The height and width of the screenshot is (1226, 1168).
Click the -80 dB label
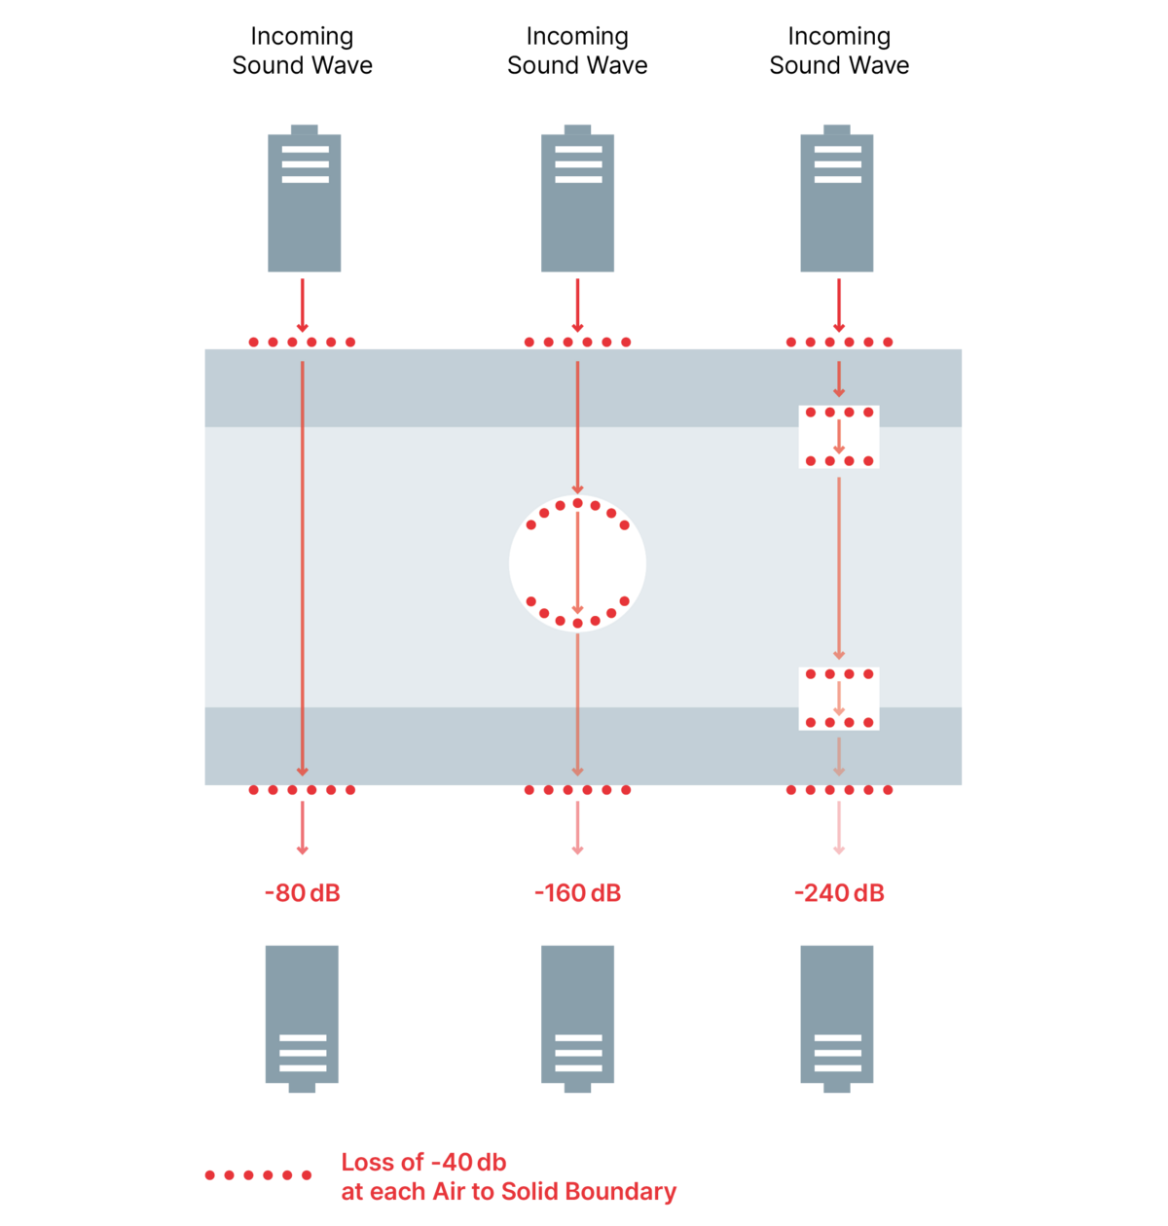point(302,893)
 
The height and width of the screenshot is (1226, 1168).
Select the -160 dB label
point(577,893)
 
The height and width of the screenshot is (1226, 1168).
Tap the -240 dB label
point(839,893)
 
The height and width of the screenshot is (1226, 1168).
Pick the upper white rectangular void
point(839,437)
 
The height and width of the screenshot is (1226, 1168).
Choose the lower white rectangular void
point(839,699)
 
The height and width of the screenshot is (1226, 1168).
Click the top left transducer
point(305,199)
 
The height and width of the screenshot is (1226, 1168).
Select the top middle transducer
point(578,199)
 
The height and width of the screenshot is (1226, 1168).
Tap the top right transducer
point(837,199)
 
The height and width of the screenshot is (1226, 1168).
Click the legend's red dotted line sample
point(258,1175)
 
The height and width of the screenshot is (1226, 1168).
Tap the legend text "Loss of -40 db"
point(423,1162)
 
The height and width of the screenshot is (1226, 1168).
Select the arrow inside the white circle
point(577,563)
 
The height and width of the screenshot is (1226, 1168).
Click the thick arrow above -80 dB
point(302,827)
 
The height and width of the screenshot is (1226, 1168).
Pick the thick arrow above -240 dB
point(839,827)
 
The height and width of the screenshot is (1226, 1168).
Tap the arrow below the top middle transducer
point(577,305)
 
